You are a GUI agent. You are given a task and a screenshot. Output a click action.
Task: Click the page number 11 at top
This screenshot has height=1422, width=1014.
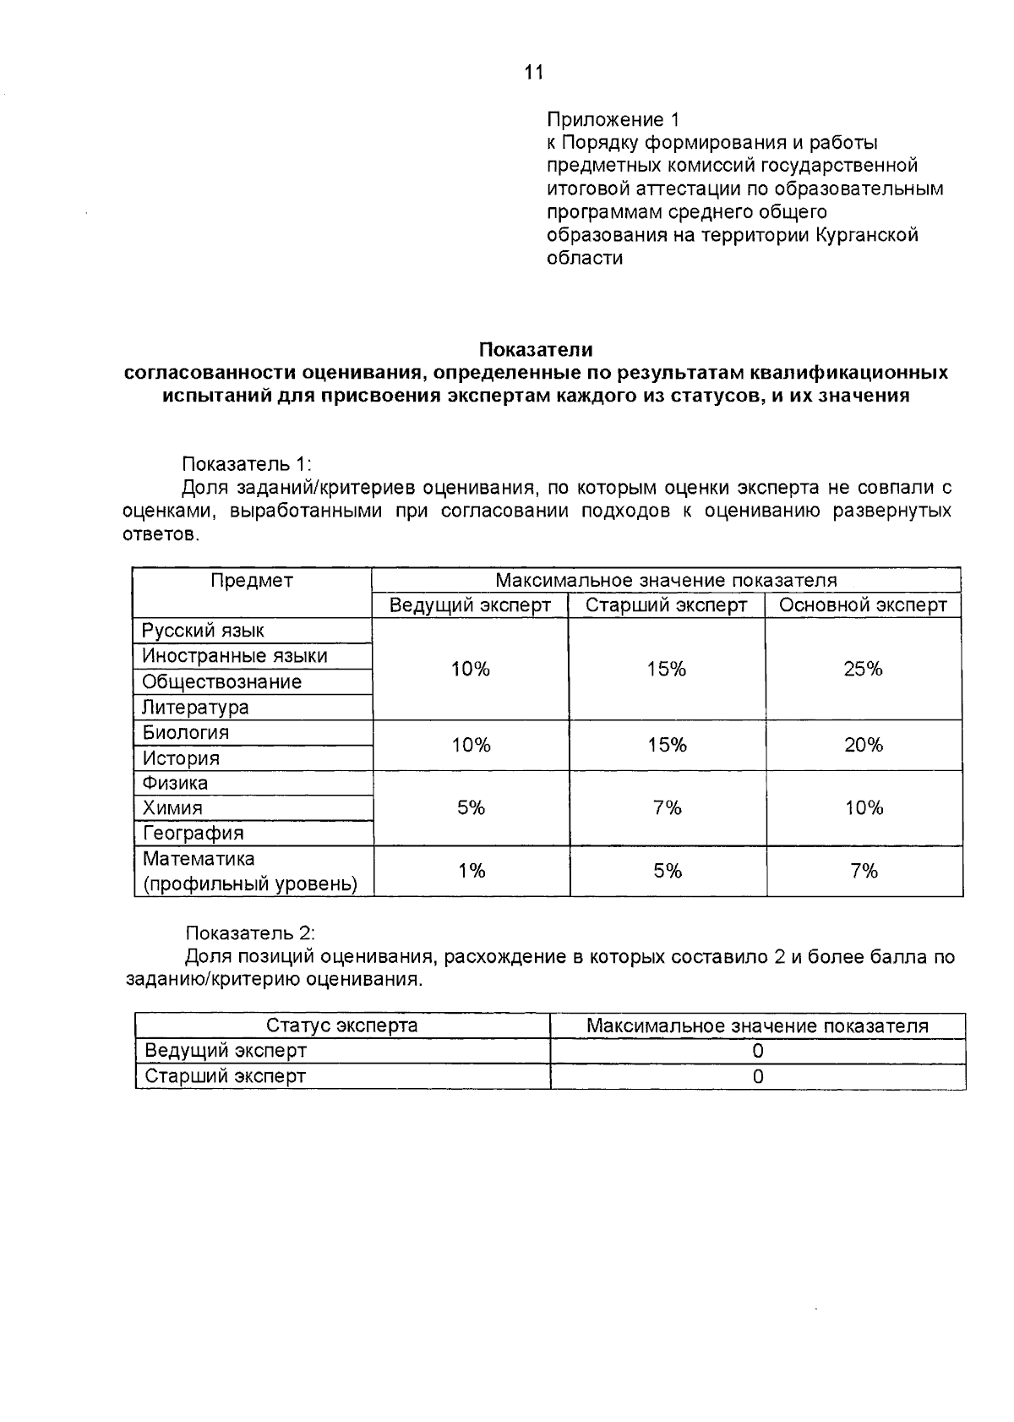click(533, 73)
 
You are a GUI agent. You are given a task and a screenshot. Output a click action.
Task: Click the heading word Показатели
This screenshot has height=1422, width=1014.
click(536, 349)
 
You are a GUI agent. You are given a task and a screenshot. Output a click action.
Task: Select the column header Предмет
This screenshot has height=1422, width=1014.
click(252, 580)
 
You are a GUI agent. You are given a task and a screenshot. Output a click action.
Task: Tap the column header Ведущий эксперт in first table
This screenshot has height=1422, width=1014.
click(470, 605)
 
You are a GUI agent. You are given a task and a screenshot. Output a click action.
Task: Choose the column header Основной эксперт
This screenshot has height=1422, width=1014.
click(863, 605)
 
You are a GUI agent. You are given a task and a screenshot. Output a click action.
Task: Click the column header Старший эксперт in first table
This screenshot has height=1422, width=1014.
click(666, 605)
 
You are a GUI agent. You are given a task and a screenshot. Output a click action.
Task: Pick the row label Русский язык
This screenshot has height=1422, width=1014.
click(203, 631)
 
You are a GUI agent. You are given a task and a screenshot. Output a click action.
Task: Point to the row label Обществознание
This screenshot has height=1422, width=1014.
click(221, 681)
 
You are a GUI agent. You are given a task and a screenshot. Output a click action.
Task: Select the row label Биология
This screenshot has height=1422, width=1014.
click(185, 732)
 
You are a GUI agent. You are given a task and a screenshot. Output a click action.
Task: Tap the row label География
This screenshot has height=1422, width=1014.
click(193, 833)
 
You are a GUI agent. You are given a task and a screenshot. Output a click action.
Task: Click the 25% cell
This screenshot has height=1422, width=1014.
click(863, 669)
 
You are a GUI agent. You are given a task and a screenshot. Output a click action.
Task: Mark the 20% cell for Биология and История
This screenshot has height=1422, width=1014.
click(863, 745)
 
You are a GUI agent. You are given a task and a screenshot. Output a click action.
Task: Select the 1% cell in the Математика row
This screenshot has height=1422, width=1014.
click(471, 871)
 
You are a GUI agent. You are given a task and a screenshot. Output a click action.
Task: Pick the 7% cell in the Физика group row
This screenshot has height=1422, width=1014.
click(667, 807)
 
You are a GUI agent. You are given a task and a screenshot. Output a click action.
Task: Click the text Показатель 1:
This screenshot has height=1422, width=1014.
click(247, 464)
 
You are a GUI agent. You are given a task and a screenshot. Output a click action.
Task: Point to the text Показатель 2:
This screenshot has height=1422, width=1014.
click(249, 933)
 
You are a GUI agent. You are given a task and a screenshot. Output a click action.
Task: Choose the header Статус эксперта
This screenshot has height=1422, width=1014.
click(341, 1025)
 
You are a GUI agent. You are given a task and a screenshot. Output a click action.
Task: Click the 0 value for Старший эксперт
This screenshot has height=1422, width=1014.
click(758, 1076)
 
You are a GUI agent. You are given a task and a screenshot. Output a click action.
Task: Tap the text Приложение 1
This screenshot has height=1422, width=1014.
click(613, 118)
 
